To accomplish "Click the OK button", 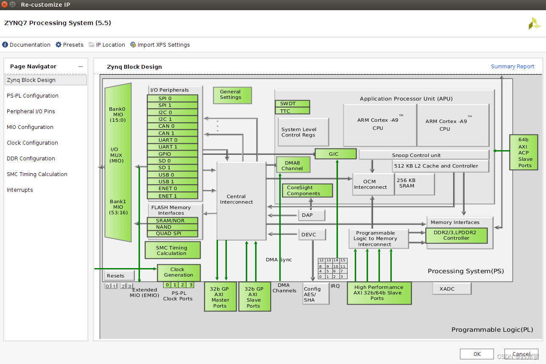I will point(477,354).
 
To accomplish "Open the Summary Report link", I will point(512,67).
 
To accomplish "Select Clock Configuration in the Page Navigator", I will point(32,143).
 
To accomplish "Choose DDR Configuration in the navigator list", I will point(31,159).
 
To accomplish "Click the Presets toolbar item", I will point(70,45).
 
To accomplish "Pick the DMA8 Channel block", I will point(293,165).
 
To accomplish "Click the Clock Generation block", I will point(178,272).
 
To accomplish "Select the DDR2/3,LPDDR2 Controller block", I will point(456,235).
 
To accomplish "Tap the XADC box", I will point(451,289).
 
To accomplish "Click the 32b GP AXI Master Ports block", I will point(220,297).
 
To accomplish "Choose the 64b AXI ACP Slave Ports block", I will point(523,152).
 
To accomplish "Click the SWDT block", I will point(292,104).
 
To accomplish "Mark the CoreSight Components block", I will point(307,190).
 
